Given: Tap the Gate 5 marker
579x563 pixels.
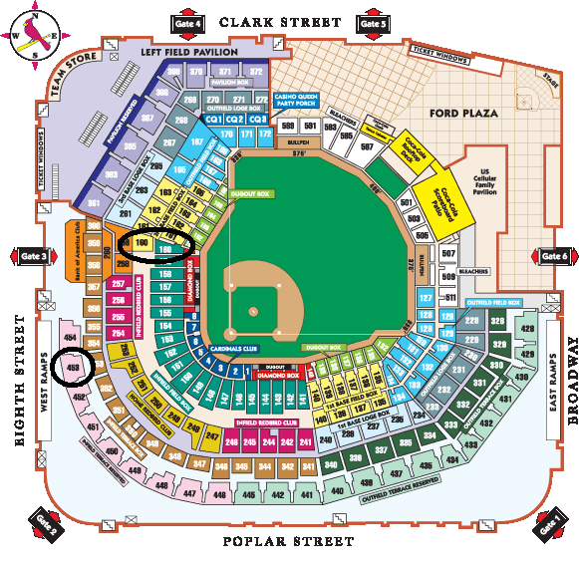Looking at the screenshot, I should pyautogui.click(x=372, y=22).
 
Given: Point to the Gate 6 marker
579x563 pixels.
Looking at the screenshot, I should pyautogui.click(x=554, y=257).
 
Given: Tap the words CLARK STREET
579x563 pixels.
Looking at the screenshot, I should pyautogui.click(x=280, y=21).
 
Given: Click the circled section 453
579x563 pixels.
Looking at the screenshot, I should pyautogui.click(x=72, y=368).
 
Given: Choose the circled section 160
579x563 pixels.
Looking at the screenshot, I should pyautogui.click(x=143, y=242).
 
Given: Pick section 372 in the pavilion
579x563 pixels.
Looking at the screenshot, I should pyautogui.click(x=256, y=72).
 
